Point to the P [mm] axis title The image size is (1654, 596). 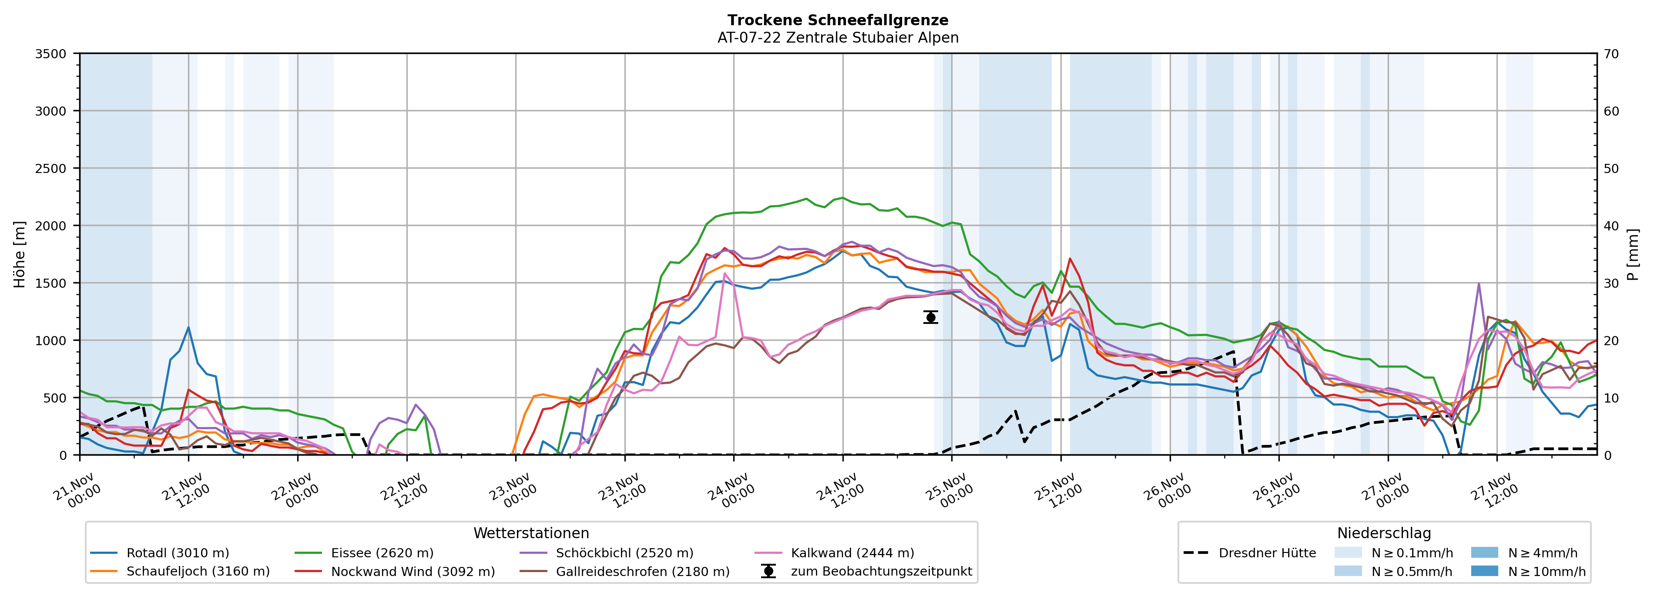tap(1633, 254)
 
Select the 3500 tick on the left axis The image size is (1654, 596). tap(51, 54)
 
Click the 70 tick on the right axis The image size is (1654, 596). tap(1611, 54)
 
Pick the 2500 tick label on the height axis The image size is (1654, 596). tap(51, 169)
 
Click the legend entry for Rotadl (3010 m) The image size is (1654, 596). tap(177, 553)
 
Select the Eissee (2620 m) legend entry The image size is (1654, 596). tap(382, 553)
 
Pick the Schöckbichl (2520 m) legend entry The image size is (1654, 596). tap(624, 553)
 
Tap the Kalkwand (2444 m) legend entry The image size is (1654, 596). tap(852, 553)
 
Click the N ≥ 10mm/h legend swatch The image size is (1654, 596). tap(1484, 571)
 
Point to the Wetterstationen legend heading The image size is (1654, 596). tap(531, 533)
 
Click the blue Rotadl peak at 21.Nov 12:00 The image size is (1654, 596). tap(188, 328)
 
